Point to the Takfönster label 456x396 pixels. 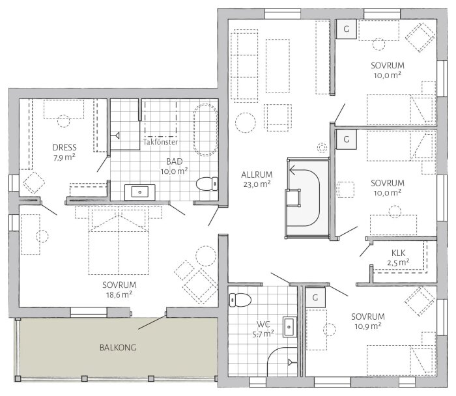[x=160, y=141]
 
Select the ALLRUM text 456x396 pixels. [x=256, y=174]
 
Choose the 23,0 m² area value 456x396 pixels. [x=256, y=184]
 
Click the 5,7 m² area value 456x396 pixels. [x=263, y=332]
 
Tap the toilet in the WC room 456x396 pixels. [x=239, y=300]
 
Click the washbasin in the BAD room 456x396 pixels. [x=140, y=191]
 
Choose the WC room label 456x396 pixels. [x=263, y=322]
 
